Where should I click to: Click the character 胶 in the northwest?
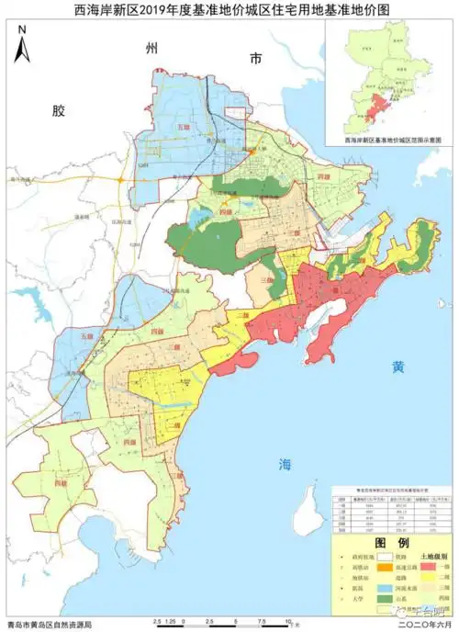[x=59, y=111]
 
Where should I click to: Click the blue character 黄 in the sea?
[x=397, y=367]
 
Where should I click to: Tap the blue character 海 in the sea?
[x=286, y=465]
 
